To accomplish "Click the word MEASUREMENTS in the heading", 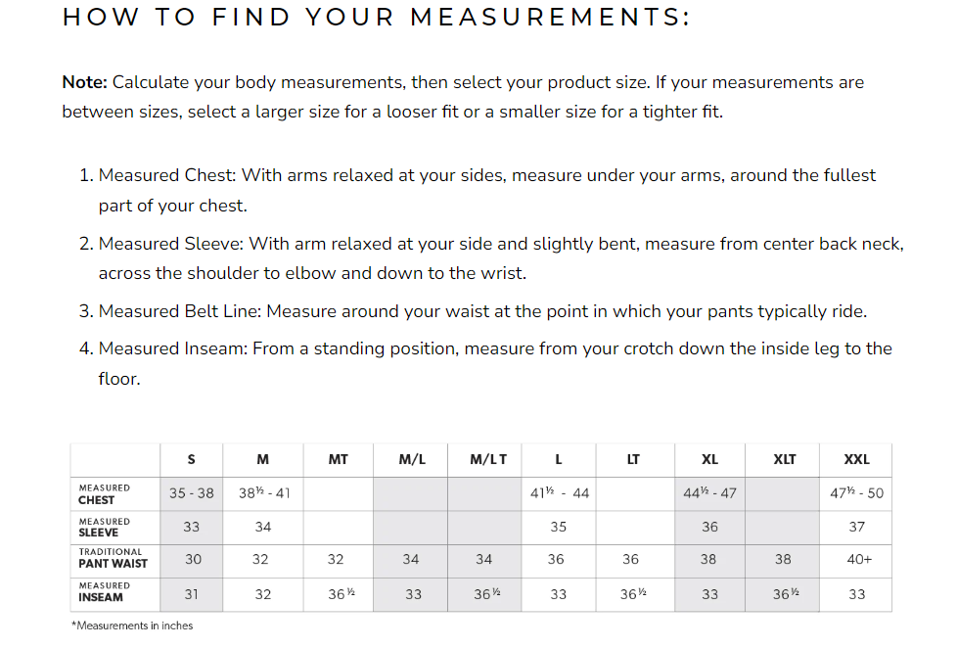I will [550, 18].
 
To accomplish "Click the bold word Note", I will [84, 82].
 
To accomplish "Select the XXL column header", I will [856, 459].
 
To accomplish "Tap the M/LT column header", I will [488, 459].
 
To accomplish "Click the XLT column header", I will [784, 459].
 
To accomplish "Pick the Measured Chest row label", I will [104, 493].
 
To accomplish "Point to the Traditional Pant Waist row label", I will [113, 558].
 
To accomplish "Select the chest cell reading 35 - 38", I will [191, 493].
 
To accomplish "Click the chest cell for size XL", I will [709, 493].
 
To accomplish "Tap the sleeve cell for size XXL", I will [856, 527].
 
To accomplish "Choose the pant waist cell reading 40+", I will [856, 560].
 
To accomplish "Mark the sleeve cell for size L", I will [558, 527].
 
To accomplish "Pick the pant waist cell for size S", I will [193, 560].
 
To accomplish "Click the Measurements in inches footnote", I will [132, 626].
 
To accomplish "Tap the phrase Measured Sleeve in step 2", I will [165, 244].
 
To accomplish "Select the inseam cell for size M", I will [262, 593].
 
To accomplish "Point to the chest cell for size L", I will [559, 493].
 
